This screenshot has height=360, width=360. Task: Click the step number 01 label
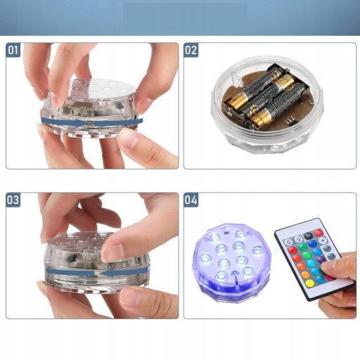(13, 50)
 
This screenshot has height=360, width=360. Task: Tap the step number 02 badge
(191, 50)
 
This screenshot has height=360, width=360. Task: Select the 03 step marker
(13, 200)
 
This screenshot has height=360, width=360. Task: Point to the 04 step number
(191, 200)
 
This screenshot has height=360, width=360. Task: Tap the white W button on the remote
(323, 240)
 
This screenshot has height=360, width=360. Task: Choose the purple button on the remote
(321, 259)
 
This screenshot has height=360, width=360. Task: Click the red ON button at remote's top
(318, 233)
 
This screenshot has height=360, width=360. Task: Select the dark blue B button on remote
(313, 244)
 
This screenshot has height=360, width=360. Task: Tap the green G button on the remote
(302, 247)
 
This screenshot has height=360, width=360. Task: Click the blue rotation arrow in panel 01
(92, 122)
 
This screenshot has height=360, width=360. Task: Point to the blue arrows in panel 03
(97, 272)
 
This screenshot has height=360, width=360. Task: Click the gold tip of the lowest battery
(259, 117)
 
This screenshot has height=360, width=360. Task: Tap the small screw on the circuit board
(311, 102)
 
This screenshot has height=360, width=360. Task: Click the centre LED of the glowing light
(239, 246)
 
